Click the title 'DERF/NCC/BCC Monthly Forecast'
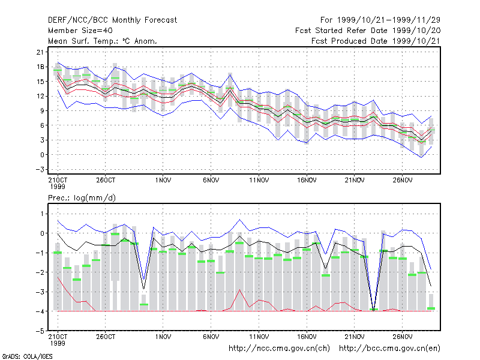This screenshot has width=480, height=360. (112, 20)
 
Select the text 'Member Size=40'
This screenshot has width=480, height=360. (80, 31)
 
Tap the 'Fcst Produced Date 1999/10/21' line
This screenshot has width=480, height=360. (376, 41)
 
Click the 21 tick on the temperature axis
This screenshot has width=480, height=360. (40, 52)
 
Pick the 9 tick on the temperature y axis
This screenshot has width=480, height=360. (42, 111)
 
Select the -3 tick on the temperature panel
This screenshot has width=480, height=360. (40, 170)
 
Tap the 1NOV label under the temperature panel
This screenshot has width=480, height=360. (163, 181)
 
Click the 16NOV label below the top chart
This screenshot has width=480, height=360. (307, 181)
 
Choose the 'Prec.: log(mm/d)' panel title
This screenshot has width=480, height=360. (82, 198)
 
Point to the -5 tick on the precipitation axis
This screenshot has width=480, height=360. (40, 331)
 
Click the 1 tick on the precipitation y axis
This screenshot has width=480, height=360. (42, 214)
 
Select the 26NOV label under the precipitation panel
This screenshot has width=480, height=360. (403, 337)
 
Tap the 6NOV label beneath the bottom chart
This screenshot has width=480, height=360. (211, 337)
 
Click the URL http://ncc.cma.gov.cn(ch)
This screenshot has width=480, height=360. (279, 349)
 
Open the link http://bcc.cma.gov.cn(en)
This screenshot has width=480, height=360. (389, 349)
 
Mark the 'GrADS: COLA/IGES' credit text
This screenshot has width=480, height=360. (27, 356)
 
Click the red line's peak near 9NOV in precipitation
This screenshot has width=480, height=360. (239, 290)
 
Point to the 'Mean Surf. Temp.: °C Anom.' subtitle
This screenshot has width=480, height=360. (103, 41)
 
